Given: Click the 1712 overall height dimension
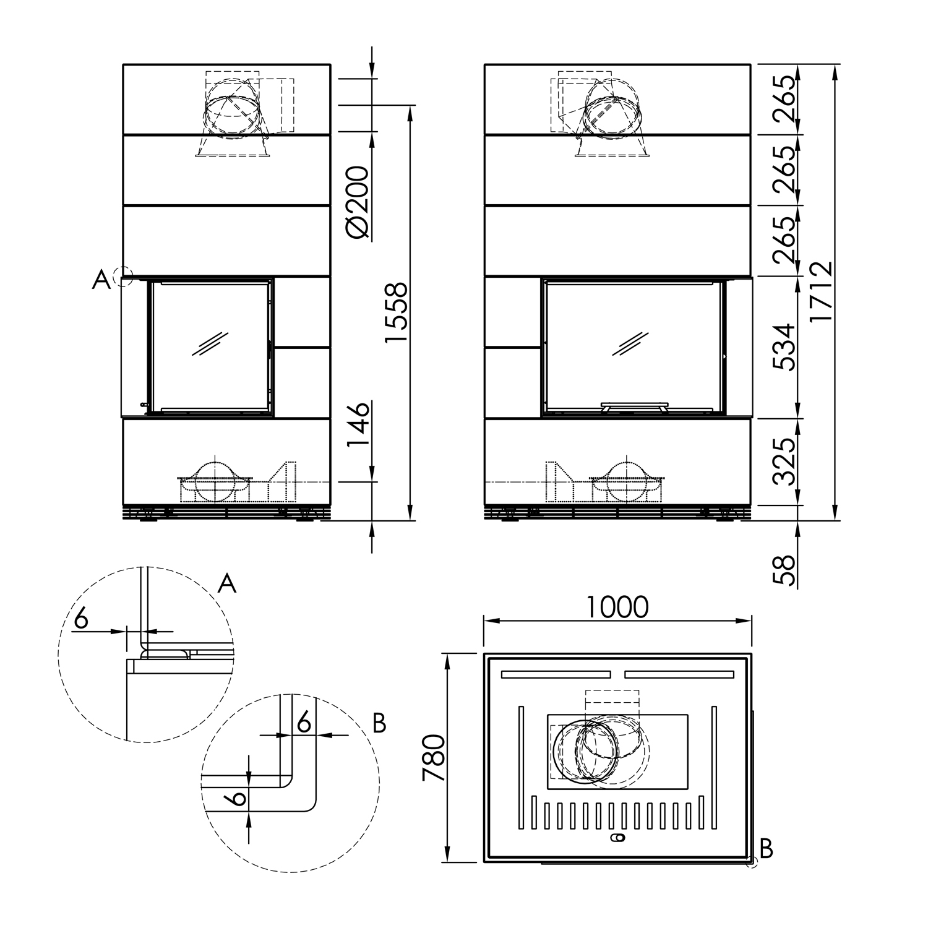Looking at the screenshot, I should [821, 291].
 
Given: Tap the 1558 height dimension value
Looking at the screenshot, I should [395, 312].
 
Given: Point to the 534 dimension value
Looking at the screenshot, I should [784, 346].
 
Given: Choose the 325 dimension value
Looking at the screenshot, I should [784, 462].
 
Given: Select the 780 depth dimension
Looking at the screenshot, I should [433, 757].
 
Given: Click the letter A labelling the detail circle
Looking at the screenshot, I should [228, 583].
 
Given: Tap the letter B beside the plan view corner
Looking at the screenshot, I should [767, 849].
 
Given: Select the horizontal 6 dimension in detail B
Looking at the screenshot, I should [303, 721].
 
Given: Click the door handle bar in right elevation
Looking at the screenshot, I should [634, 406].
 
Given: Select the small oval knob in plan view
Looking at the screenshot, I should [617, 838].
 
